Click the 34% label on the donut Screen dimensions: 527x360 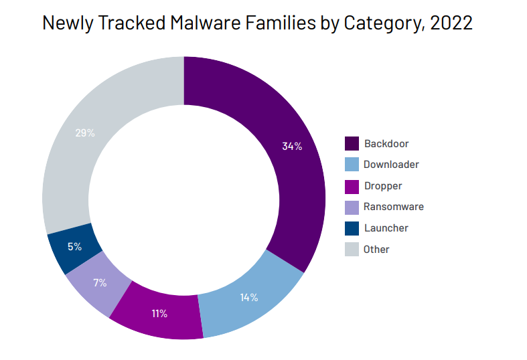[x=292, y=146]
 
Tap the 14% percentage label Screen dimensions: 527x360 [x=249, y=297]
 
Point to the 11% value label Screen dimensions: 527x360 [x=159, y=313]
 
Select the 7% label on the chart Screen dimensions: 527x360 [x=100, y=282]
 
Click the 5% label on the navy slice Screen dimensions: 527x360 [x=74, y=246]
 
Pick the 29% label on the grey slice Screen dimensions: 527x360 [x=85, y=133]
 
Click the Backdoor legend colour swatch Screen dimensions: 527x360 [x=352, y=143]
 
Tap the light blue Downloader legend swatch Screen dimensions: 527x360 [x=352, y=164]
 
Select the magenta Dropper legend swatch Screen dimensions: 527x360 [x=352, y=187]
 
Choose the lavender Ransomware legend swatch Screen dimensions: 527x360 [x=352, y=207]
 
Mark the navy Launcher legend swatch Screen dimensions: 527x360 [x=352, y=228]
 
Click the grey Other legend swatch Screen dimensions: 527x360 [x=352, y=249]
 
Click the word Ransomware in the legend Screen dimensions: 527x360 [x=394, y=207]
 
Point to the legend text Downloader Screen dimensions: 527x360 [x=391, y=165]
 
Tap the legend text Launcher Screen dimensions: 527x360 [x=386, y=228]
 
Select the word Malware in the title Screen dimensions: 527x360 [x=206, y=23]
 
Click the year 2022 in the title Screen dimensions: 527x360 [x=451, y=23]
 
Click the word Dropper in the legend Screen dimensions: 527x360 [x=383, y=187]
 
